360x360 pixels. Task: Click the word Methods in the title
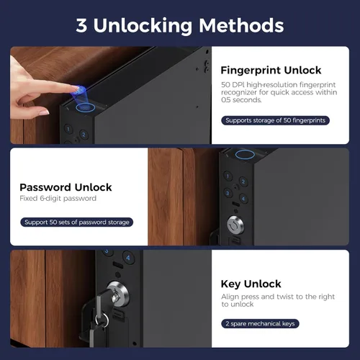pos(241,25)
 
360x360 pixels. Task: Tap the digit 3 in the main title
pos(81,25)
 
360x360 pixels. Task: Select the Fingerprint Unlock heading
pos(271,71)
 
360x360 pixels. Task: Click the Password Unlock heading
pos(66,187)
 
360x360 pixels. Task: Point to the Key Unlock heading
pos(251,284)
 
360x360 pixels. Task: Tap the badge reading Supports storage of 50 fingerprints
pos(275,120)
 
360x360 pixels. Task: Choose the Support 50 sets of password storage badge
pos(77,222)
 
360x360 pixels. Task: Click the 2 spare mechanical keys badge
pos(260,323)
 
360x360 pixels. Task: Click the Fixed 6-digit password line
pos(58,198)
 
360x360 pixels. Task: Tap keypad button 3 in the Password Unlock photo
pos(228,193)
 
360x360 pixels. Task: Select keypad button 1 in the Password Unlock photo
pos(228,176)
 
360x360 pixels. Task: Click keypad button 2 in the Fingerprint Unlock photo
pos(84,135)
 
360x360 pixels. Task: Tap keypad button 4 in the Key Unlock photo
pos(128,258)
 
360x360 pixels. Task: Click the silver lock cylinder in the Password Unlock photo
pos(235,225)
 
